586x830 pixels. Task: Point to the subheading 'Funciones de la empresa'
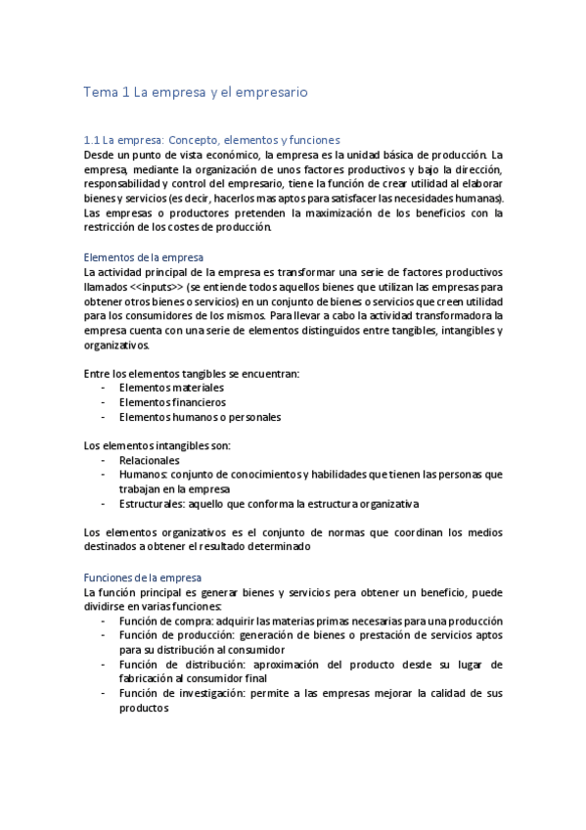pos(142,578)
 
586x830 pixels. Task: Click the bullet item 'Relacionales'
pos(149,460)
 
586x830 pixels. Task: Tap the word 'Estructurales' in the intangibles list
pos(153,504)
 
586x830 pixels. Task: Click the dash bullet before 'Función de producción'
pos(104,636)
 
